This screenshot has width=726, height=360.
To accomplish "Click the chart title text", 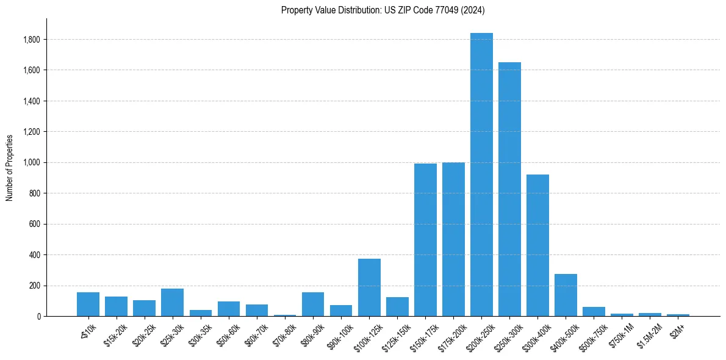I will [383, 10].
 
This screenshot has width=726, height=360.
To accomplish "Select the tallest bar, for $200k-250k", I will [481, 175].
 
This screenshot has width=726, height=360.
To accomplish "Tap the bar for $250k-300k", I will [509, 189].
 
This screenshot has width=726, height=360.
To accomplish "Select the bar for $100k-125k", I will [369, 287].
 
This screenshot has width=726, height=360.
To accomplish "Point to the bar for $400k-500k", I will [566, 295].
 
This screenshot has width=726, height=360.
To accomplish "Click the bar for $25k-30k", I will [172, 302].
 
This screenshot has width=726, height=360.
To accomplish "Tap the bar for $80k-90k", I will [313, 304].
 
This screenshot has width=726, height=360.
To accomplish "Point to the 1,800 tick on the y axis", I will [32, 40].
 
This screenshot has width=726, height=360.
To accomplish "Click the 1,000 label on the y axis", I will [32, 163].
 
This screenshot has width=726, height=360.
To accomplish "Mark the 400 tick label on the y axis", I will [35, 255].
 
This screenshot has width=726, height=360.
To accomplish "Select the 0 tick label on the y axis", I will [39, 317].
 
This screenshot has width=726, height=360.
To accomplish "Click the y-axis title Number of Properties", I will [10, 168].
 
